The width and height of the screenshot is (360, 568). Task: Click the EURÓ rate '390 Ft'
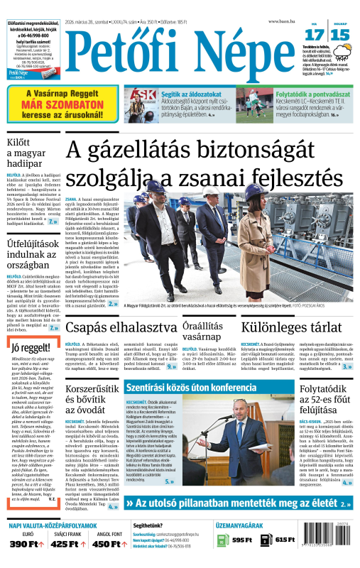coord(28,564)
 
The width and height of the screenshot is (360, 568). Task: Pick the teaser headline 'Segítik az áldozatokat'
coord(190,93)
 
